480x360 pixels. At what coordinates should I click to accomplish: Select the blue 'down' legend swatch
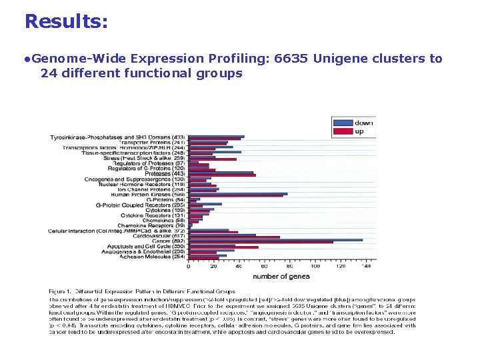[x=343, y=123]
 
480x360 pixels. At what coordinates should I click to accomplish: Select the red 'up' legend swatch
[x=343, y=131]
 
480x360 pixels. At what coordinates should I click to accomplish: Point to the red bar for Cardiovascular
[x=233, y=237]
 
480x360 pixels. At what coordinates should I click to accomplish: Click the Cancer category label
[x=169, y=241]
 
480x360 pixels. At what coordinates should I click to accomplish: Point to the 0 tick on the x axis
[x=188, y=266]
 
